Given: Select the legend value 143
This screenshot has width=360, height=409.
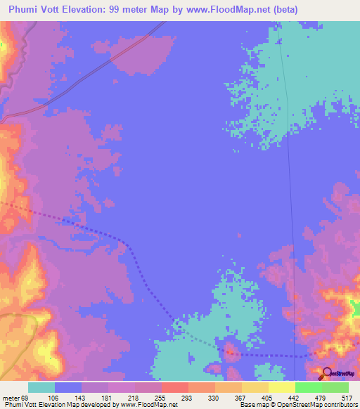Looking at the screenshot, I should click(x=82, y=397).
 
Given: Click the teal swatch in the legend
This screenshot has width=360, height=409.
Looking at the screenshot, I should click(x=41, y=387).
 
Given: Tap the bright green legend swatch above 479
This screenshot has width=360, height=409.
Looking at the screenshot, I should click(x=309, y=387).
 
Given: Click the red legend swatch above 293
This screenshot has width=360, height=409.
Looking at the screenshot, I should click(x=175, y=387).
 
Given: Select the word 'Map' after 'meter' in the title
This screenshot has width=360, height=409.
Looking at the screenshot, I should click(x=167, y=10).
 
